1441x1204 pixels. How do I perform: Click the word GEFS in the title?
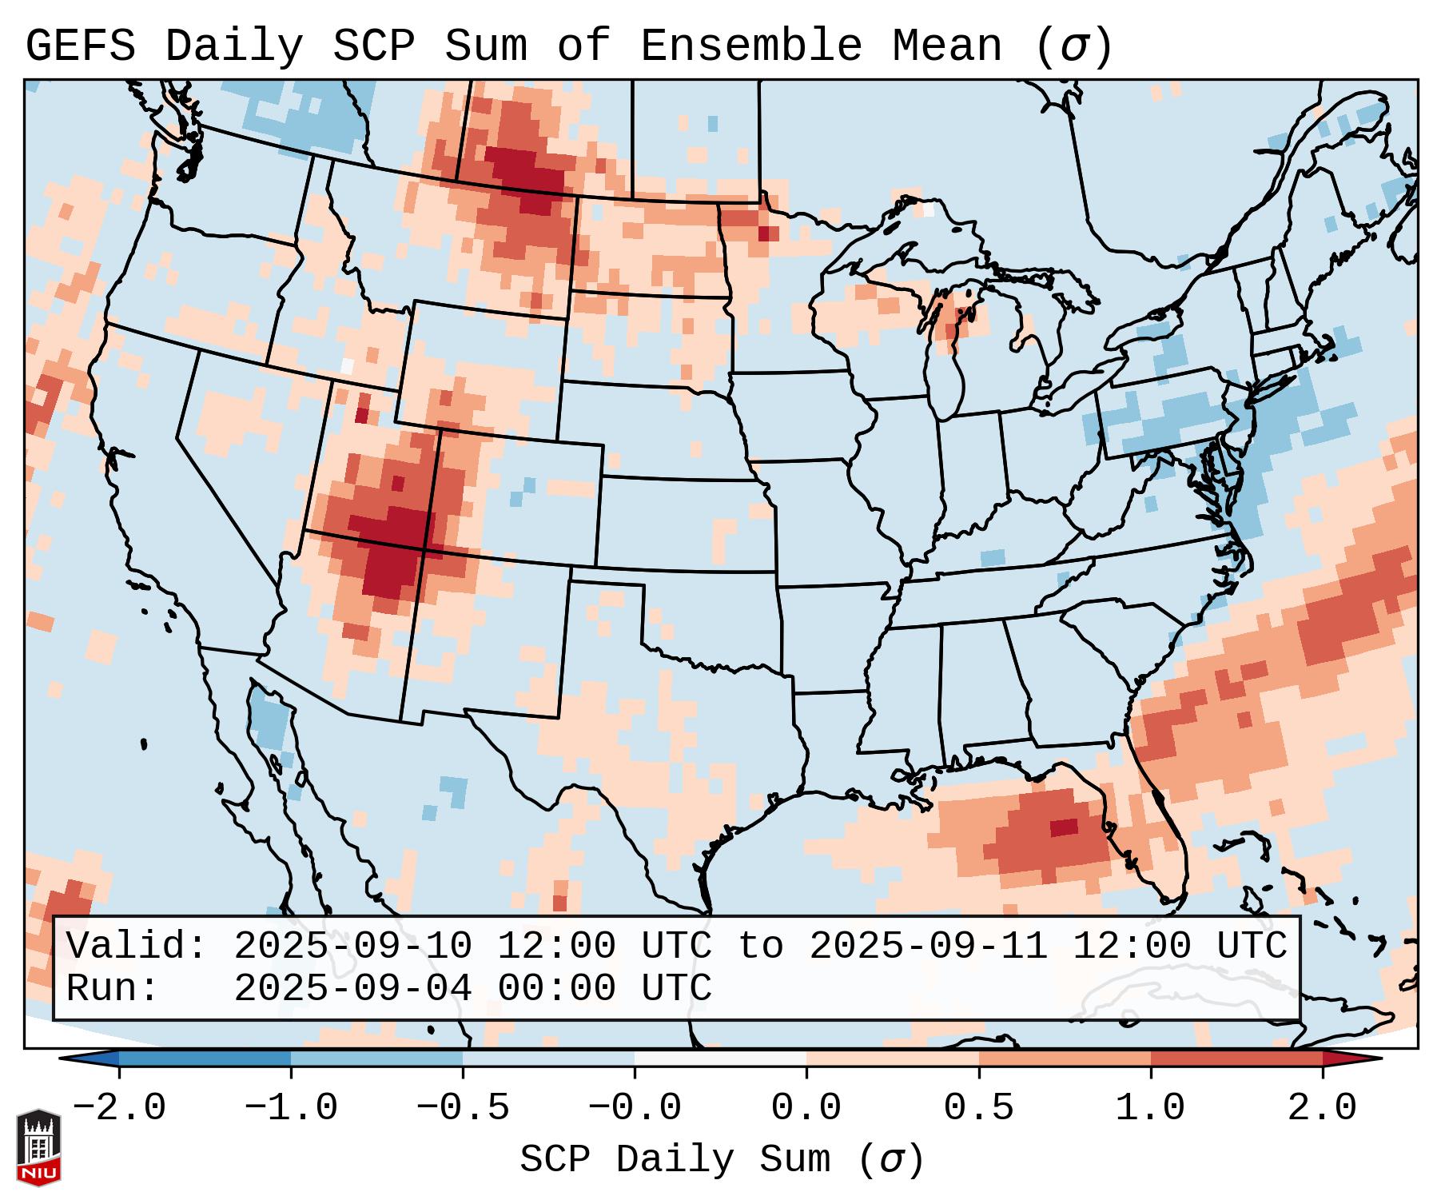tap(80, 46)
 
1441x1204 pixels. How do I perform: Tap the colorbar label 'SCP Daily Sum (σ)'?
tap(721, 1160)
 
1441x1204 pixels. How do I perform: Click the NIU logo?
tap(38, 1147)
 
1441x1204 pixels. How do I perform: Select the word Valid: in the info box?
tap(137, 946)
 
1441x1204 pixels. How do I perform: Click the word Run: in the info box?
tap(113, 988)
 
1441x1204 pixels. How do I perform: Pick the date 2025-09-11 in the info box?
tap(928, 946)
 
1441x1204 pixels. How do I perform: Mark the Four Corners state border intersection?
tap(425, 549)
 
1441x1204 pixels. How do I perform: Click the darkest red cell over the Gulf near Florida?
tap(1064, 827)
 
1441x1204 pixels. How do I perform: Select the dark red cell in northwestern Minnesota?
tap(767, 233)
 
